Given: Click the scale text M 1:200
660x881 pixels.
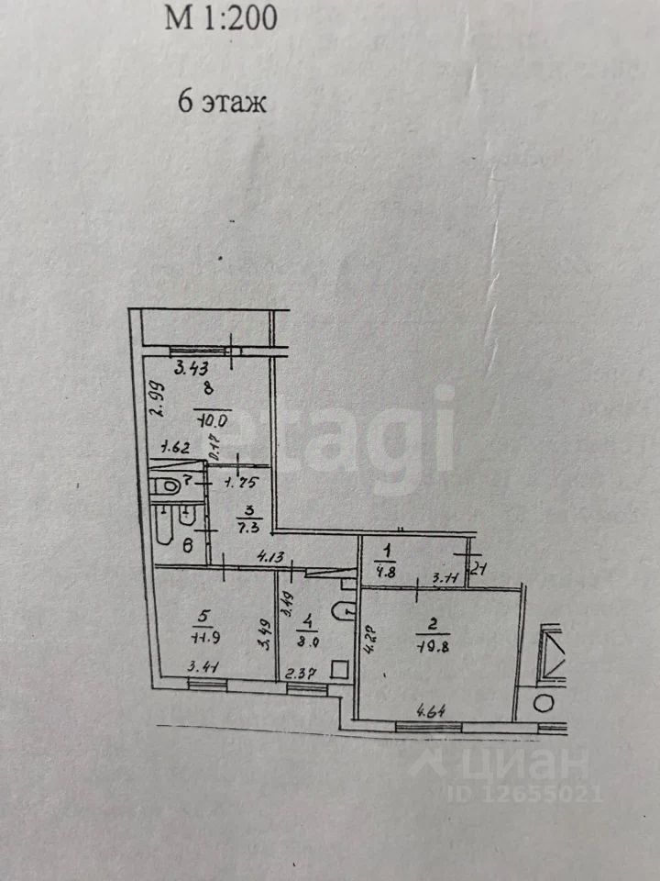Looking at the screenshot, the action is (220, 18).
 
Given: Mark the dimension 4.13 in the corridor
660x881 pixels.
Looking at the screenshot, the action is (269, 555).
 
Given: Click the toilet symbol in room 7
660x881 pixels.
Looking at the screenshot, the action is (167, 485).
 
